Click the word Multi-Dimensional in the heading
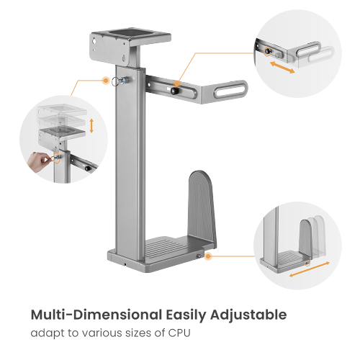[96, 315]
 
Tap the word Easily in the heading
[186, 315]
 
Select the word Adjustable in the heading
[248, 315]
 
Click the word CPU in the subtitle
[179, 333]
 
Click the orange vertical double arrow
[91, 126]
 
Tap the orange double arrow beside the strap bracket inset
[282, 68]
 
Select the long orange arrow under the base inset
[310, 269]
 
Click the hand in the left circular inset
[38, 161]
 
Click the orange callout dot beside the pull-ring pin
[106, 81]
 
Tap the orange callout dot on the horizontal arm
[177, 84]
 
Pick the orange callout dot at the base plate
[208, 256]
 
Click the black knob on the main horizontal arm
[174, 91]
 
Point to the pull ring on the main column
[115, 81]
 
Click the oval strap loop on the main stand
[230, 89]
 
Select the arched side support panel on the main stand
[202, 207]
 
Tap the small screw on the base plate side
[199, 256]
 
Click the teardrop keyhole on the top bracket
[124, 58]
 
